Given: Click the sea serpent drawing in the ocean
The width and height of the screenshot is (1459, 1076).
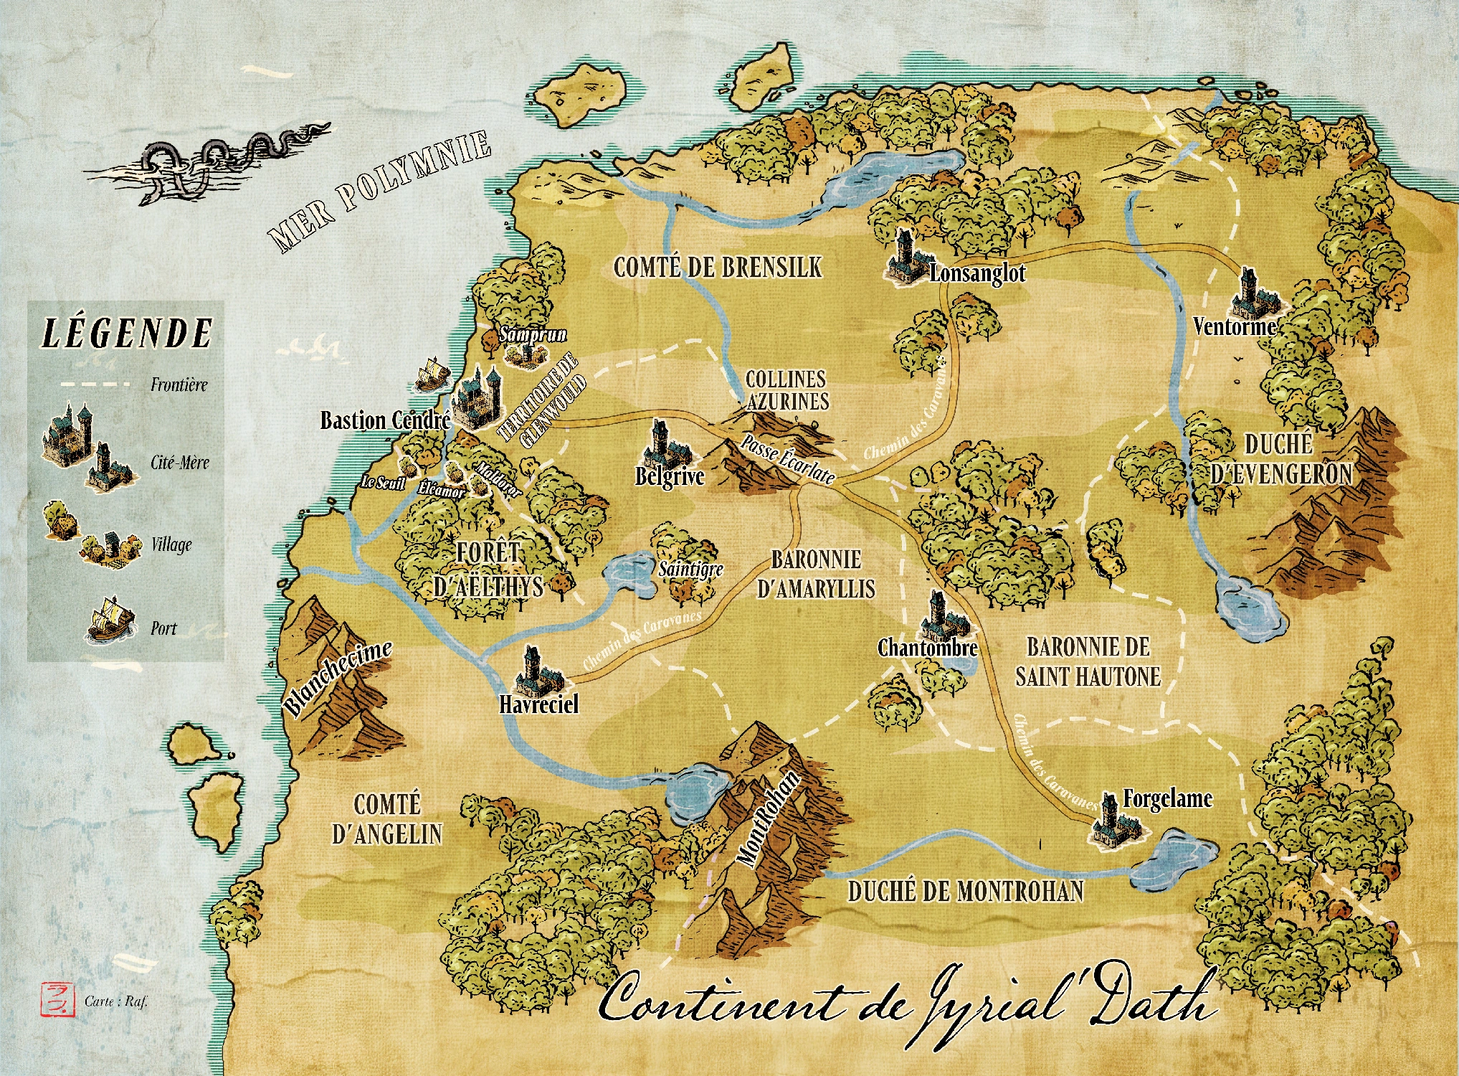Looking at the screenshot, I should pos(208,161).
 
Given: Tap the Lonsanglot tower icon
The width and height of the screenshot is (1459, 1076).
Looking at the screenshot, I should pos(906,258).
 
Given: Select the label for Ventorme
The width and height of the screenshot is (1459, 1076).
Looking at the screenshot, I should pos(1235,327).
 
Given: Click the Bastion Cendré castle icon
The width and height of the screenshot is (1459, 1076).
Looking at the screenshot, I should pos(479,398).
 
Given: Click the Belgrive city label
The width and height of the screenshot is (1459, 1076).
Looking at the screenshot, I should pos(670,477).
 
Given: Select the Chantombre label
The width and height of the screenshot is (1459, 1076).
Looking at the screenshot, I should pos(928,648).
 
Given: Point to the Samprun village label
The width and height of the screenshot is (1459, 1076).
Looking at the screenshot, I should pos(533,334).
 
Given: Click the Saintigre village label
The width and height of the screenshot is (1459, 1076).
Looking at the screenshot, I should pos(690,570).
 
